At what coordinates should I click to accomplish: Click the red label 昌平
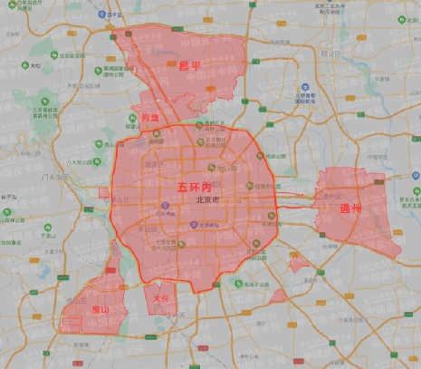190,66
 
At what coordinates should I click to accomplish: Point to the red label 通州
350,209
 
